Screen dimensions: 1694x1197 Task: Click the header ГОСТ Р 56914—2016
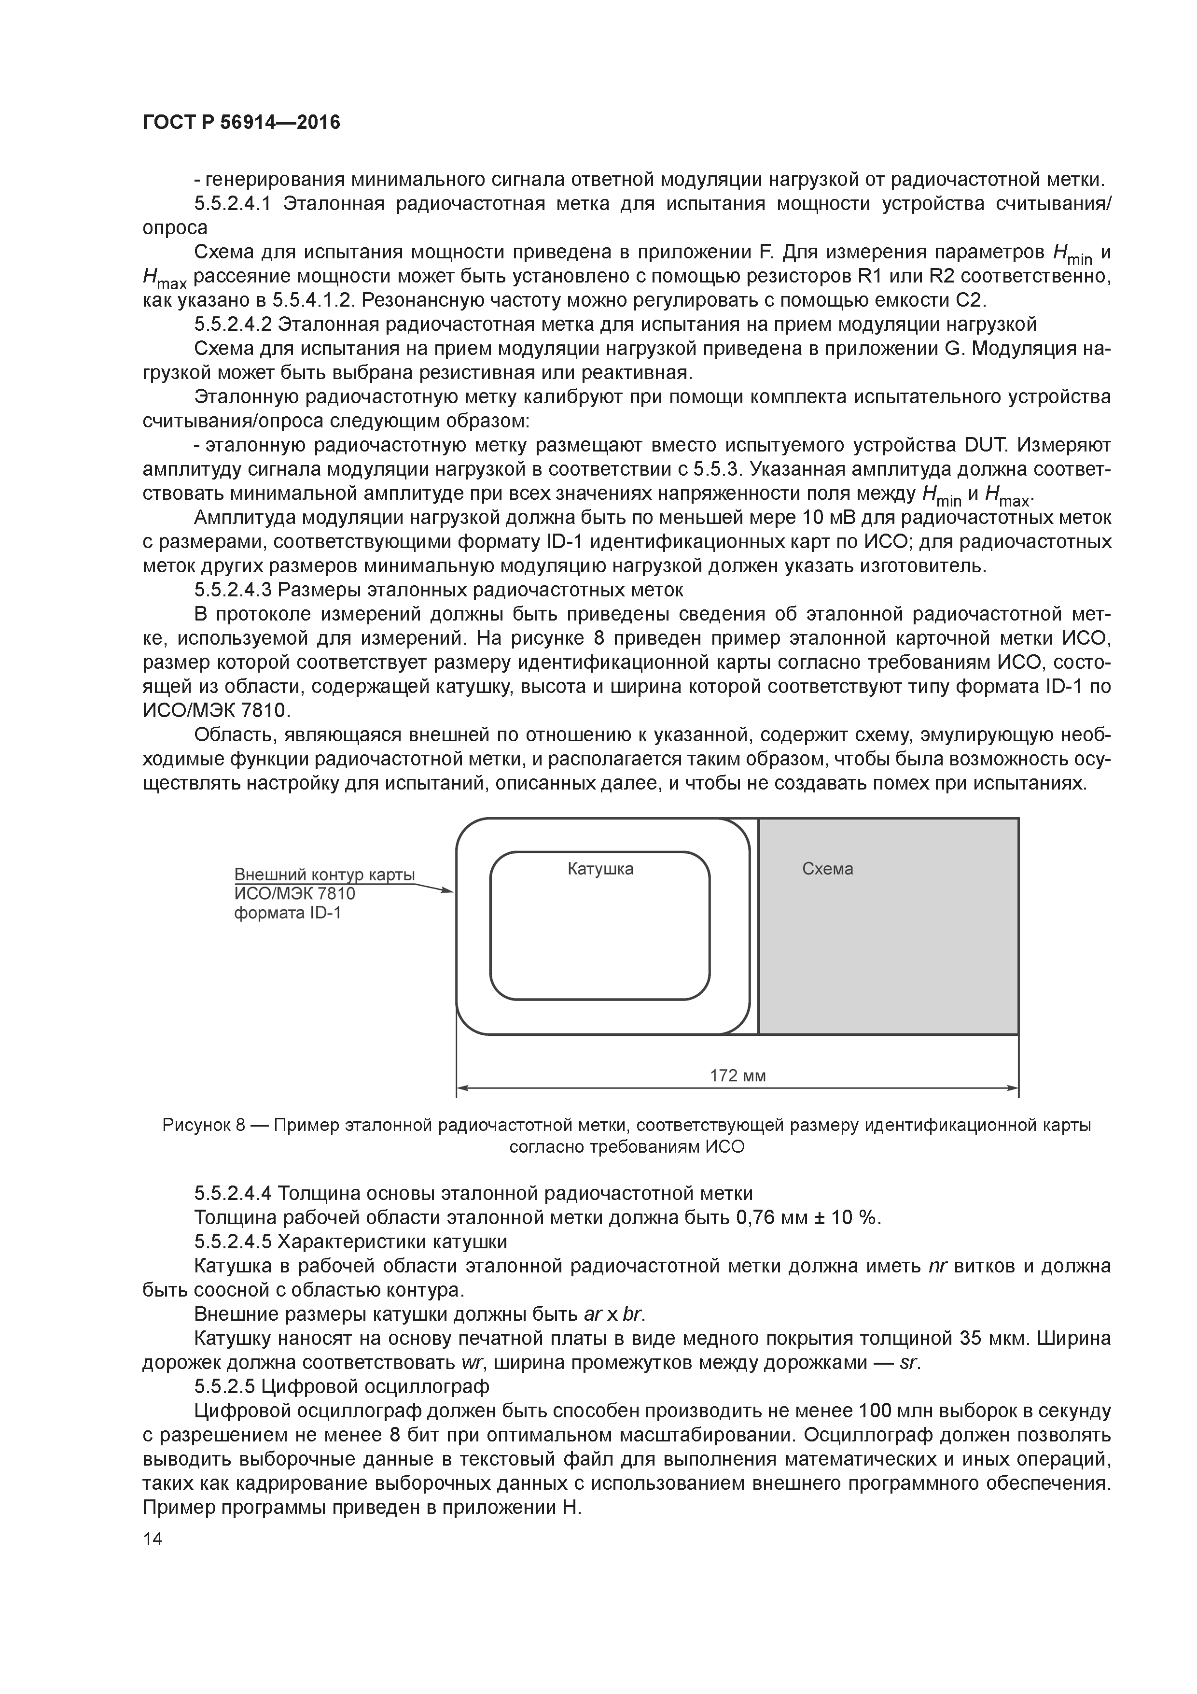point(241,123)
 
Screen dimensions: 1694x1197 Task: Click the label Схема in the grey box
point(827,869)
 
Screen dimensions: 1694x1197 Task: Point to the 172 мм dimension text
point(738,1076)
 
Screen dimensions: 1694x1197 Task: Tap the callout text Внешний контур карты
point(324,875)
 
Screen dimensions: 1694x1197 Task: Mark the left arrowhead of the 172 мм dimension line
point(462,1087)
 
